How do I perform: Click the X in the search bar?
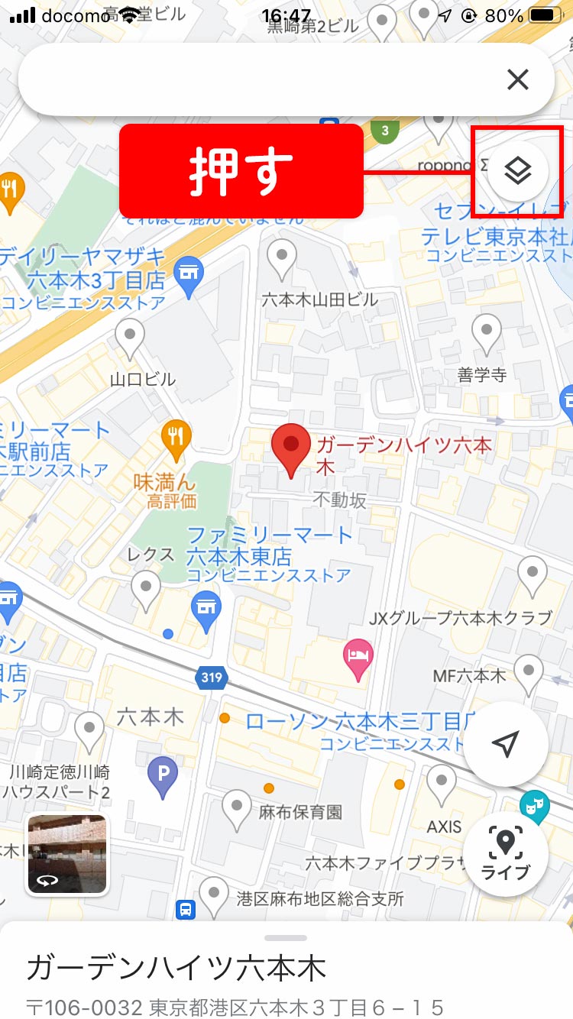pyautogui.click(x=518, y=79)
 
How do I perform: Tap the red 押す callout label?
pyautogui.click(x=241, y=171)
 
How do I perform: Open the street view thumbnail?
pyautogui.click(x=68, y=854)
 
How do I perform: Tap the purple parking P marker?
pyautogui.click(x=162, y=774)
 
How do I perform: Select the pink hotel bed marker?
pyautogui.click(x=358, y=656)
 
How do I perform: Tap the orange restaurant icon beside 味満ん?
pyautogui.click(x=176, y=437)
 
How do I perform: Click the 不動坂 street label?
pyautogui.click(x=339, y=500)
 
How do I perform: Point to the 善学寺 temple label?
pyautogui.click(x=482, y=375)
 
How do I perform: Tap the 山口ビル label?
pyautogui.click(x=143, y=379)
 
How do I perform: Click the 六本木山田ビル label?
pyautogui.click(x=319, y=299)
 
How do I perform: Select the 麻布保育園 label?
pyautogui.click(x=300, y=811)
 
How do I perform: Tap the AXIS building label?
pyautogui.click(x=445, y=827)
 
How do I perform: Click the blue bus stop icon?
pyautogui.click(x=185, y=909)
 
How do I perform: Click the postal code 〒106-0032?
pyautogui.click(x=85, y=1006)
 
